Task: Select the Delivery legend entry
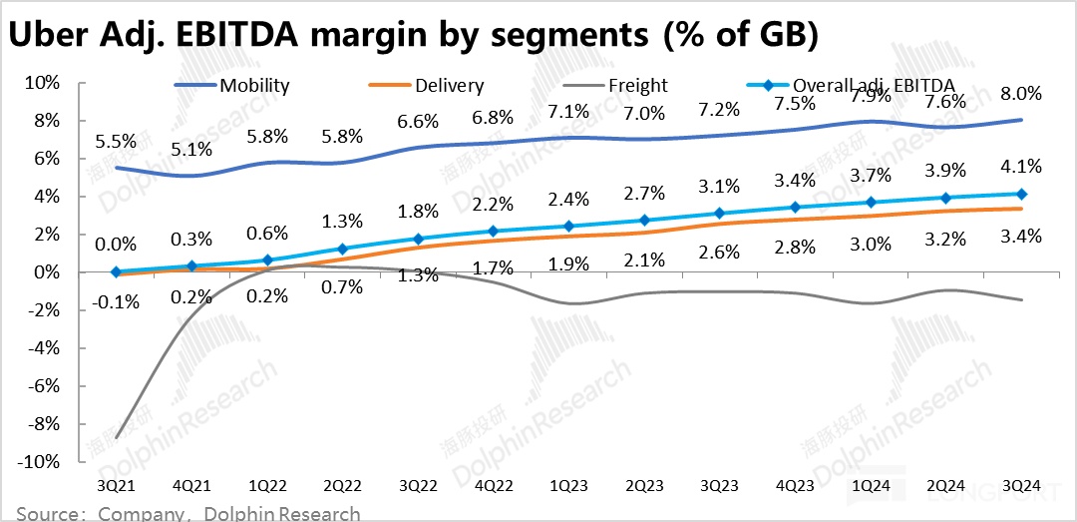451,86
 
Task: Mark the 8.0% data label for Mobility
1021,95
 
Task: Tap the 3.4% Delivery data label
1021,236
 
